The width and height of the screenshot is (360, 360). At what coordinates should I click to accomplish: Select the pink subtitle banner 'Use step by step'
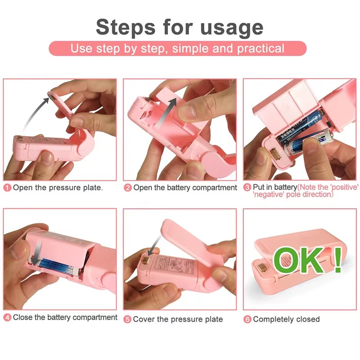177,48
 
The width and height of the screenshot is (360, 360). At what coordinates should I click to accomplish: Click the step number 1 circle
7,188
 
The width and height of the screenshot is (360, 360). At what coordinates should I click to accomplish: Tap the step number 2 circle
128,188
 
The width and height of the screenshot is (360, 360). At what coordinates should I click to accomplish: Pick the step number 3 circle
247,187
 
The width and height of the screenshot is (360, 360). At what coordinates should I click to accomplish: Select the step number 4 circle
7,318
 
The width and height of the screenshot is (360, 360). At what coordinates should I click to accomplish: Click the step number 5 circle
128,319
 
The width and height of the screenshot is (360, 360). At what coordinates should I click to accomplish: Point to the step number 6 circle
247,319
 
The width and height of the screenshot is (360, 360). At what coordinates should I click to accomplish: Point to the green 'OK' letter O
288,261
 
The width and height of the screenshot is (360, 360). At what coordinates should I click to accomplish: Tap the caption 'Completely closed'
286,319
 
